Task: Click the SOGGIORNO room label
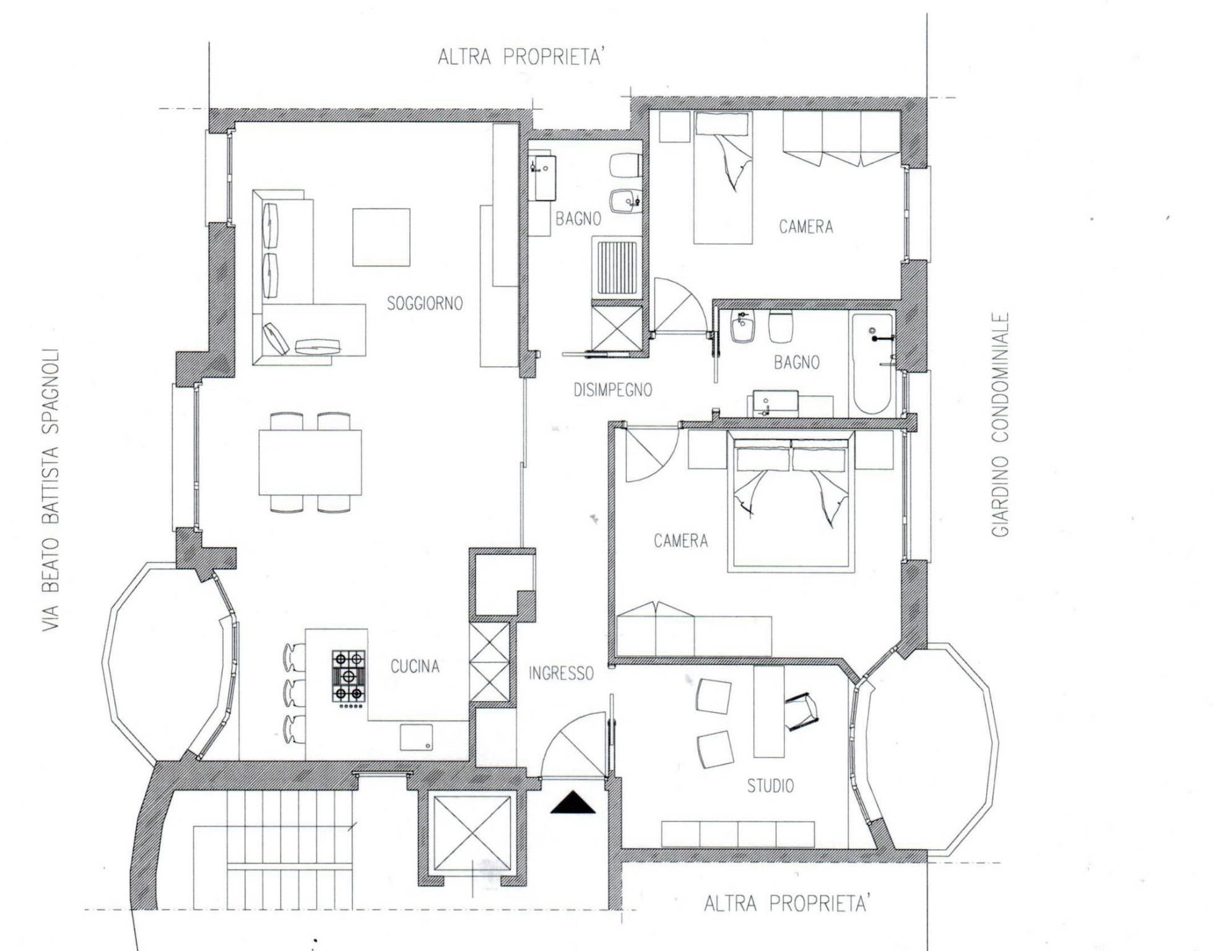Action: [425, 303]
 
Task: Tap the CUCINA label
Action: [415, 666]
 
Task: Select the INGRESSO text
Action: [561, 673]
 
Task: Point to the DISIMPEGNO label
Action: [612, 390]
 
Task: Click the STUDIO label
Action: [770, 786]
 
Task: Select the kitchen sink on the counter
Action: [416, 737]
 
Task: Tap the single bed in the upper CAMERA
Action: [723, 177]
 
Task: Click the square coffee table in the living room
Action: [381, 237]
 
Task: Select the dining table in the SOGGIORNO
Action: [310, 462]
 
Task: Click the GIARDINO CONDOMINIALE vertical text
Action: [1001, 425]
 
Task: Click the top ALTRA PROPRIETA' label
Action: [520, 57]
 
